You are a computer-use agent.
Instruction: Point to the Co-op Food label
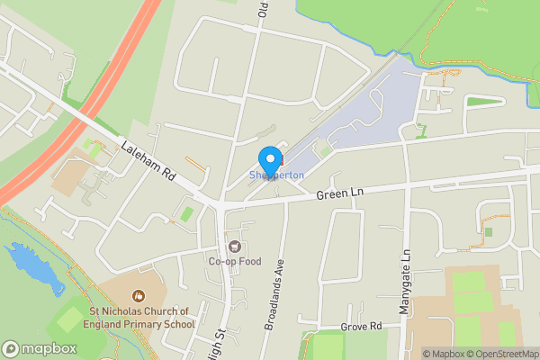[x=234, y=261]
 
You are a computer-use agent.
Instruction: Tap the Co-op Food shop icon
[x=235, y=247]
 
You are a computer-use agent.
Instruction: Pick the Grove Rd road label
[x=362, y=326]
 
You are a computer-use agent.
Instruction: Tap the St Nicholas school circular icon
[x=139, y=294]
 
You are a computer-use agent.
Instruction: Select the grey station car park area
[x=378, y=112]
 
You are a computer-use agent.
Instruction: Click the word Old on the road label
[x=264, y=10]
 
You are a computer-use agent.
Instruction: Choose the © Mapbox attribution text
[x=442, y=354]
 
